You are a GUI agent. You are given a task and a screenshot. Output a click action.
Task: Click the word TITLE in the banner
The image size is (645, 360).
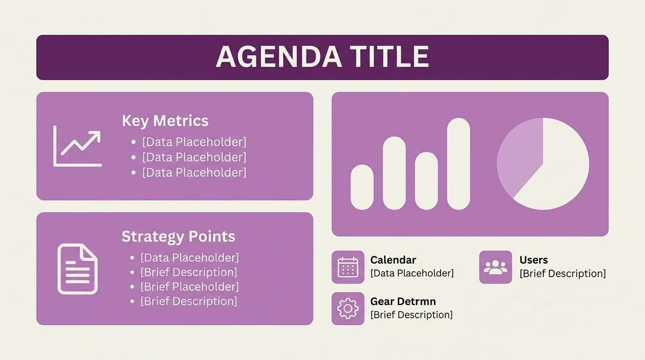(390, 57)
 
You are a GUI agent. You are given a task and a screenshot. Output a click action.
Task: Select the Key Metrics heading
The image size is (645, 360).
(165, 121)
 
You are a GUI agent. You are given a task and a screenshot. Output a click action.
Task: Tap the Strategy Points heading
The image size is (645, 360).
(178, 236)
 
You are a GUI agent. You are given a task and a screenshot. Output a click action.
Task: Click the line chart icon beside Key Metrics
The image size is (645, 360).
(77, 146)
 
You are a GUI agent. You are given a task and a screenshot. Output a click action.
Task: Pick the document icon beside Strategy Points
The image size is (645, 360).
(77, 269)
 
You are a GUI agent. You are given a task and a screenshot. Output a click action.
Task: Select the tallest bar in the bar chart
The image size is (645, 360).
(458, 164)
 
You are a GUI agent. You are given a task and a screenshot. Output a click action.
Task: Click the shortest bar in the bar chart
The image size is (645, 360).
(362, 187)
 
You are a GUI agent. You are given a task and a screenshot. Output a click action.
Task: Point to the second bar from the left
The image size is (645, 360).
(394, 173)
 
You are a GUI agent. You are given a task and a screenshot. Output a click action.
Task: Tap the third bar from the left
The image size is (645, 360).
(426, 181)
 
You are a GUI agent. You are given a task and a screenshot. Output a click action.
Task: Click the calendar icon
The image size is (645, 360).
(348, 267)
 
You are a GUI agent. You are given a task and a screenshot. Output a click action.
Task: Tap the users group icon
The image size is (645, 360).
(495, 267)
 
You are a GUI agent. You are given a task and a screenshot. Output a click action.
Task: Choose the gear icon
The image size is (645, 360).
(348, 308)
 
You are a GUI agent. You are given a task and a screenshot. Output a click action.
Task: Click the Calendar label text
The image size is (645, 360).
(393, 260)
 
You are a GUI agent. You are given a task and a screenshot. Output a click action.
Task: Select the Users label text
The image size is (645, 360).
(533, 260)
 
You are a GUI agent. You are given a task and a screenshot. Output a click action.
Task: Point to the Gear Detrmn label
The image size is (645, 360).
(403, 301)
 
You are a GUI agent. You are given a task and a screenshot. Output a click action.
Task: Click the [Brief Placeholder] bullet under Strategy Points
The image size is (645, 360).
(189, 286)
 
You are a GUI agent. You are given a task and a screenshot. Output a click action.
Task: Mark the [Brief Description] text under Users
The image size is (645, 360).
(562, 274)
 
